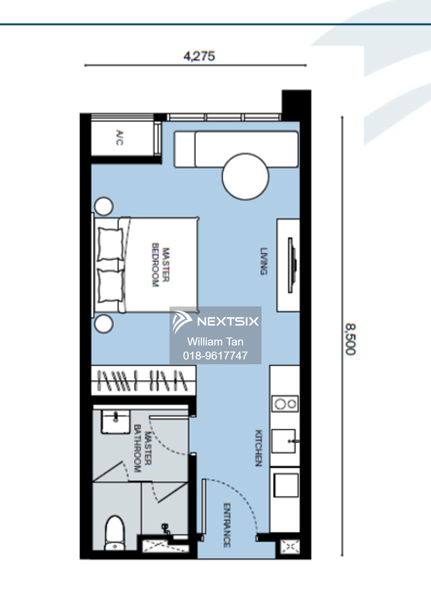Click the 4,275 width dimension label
coord(199,56)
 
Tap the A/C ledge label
coord(120,138)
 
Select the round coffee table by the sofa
coord(245,177)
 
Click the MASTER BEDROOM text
coord(160,265)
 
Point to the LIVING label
coord(264,261)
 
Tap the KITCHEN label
coord(259,448)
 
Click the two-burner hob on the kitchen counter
coord(285,404)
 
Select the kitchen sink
coord(284,441)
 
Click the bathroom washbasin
coord(115,422)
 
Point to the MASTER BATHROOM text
coord(143,448)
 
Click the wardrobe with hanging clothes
coord(143,381)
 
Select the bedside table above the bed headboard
coord(104,206)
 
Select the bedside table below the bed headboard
coord(104,324)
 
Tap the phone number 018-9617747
coord(215,356)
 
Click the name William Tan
coord(215,341)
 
